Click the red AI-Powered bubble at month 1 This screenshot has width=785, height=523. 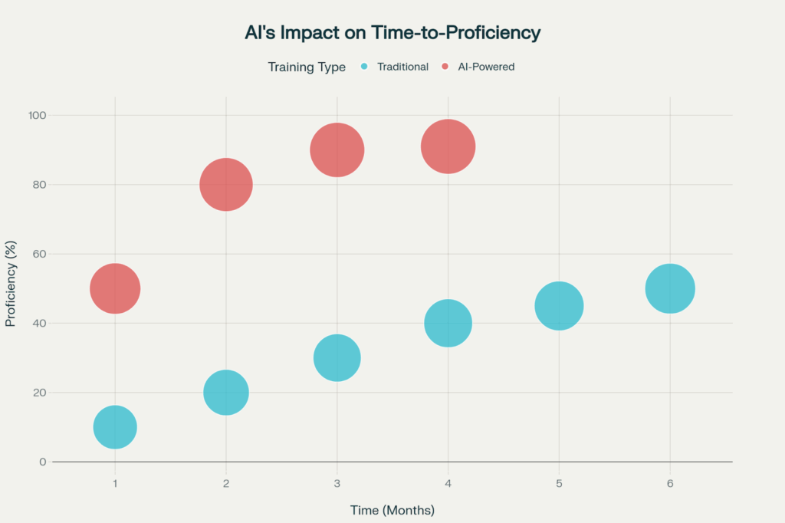pyautogui.click(x=115, y=288)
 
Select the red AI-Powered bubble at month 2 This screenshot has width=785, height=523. pyautogui.click(x=226, y=185)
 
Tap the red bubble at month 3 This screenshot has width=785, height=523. pyautogui.click(x=337, y=150)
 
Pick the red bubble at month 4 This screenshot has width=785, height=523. pyautogui.click(x=448, y=146)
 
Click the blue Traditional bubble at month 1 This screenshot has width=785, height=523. pyautogui.click(x=115, y=427)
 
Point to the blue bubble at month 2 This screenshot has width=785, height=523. pyautogui.click(x=226, y=393)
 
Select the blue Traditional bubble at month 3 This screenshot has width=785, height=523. pyautogui.click(x=337, y=357)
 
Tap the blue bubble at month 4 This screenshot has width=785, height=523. pyautogui.click(x=448, y=323)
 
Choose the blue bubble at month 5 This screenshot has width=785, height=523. pyautogui.click(x=559, y=306)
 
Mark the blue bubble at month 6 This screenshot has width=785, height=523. pyautogui.click(x=670, y=288)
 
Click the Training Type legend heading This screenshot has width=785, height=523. pyautogui.click(x=307, y=67)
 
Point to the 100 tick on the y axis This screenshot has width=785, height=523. pyautogui.click(x=38, y=115)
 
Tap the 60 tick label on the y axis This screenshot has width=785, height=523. pyautogui.click(x=40, y=254)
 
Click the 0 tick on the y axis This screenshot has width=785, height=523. pyautogui.click(x=44, y=462)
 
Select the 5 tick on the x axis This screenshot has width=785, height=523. pyautogui.click(x=559, y=484)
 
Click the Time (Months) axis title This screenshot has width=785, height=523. pyautogui.click(x=392, y=510)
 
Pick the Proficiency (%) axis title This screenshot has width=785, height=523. pyautogui.click(x=11, y=288)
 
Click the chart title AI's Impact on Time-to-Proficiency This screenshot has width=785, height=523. pyautogui.click(x=392, y=33)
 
